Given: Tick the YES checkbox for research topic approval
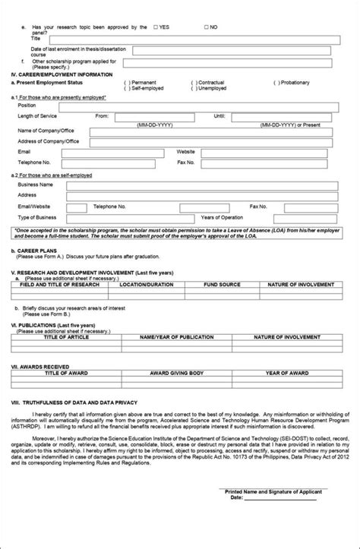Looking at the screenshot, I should pyautogui.click(x=156, y=27).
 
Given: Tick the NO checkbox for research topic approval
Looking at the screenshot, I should pyautogui.click(x=207, y=27).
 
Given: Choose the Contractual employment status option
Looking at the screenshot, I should pyautogui.click(x=194, y=81).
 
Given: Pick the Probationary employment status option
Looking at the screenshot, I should pyautogui.click(x=276, y=81).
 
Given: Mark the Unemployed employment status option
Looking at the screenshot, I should pyautogui.click(x=194, y=88).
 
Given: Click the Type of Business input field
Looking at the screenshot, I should pyautogui.click(x=114, y=217).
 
